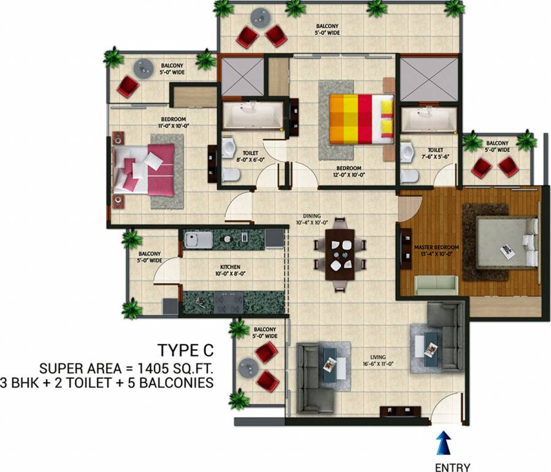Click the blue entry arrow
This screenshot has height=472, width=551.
tap(442, 443)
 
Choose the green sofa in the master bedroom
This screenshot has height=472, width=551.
tap(436, 285)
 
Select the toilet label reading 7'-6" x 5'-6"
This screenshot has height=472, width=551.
tap(435, 153)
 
